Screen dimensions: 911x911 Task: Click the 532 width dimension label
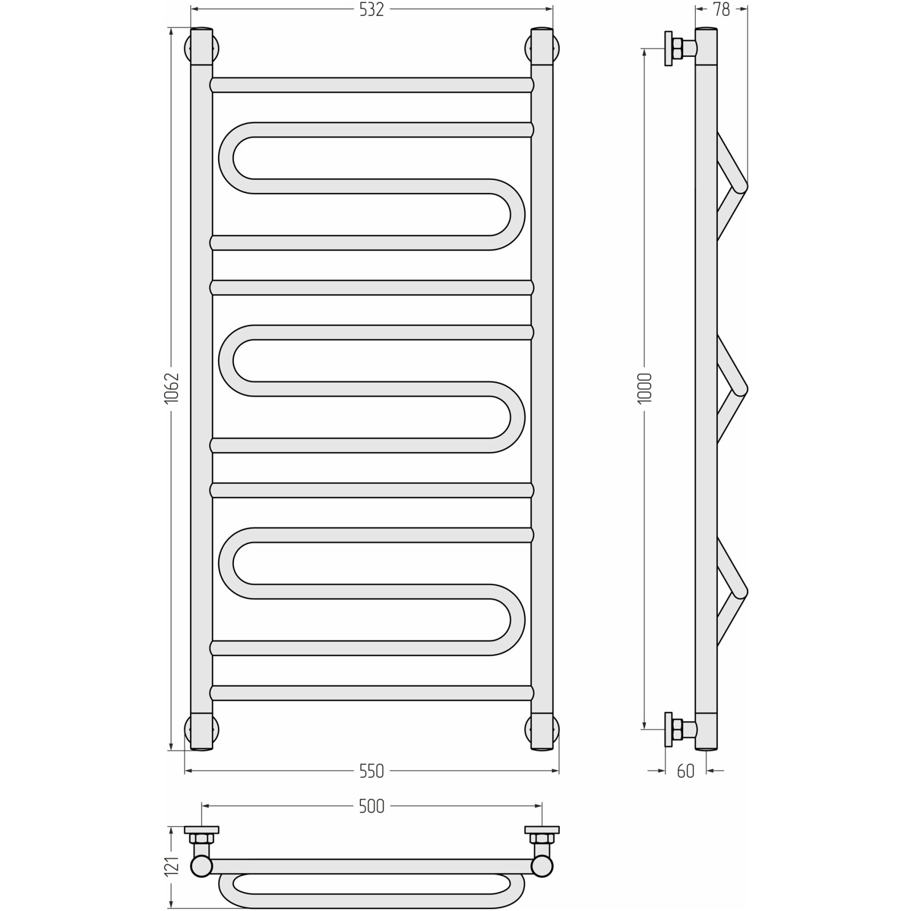371,10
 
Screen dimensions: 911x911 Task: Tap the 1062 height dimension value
172,389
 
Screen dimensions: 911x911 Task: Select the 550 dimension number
371,771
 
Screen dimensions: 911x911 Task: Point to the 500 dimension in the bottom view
371,806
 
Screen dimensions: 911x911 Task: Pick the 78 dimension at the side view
721,10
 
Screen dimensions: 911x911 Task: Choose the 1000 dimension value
645,388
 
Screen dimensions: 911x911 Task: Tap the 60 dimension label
686,771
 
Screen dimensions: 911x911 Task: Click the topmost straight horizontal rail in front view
372,85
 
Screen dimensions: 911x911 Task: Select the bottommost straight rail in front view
372,693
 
